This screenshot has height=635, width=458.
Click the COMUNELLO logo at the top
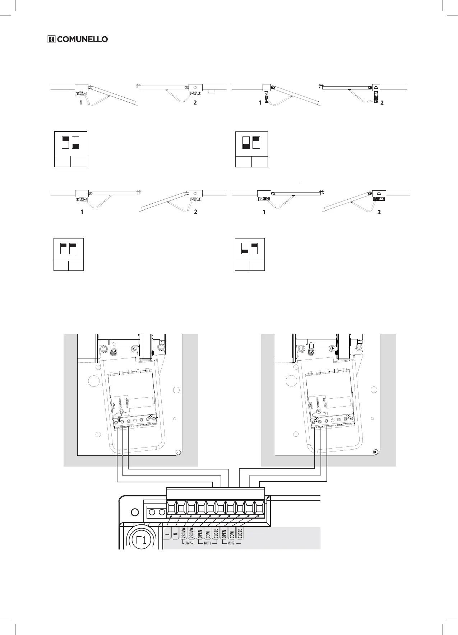[78, 39]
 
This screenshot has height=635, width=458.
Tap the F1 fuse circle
[140, 540]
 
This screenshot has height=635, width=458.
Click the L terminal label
[167, 534]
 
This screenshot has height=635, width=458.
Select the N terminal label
[175, 534]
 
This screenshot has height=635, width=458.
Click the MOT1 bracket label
[208, 543]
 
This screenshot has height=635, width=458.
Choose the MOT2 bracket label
[231, 543]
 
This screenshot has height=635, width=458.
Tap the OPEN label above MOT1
[200, 533]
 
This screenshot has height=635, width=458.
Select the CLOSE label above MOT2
[240, 533]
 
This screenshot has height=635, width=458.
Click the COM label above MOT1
[208, 534]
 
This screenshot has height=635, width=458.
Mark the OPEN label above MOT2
[224, 533]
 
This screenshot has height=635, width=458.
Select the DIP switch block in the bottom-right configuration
[249, 249]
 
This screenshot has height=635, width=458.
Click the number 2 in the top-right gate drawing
[382, 103]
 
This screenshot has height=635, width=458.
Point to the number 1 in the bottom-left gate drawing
[82, 212]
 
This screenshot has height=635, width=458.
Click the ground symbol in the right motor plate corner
[375, 452]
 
